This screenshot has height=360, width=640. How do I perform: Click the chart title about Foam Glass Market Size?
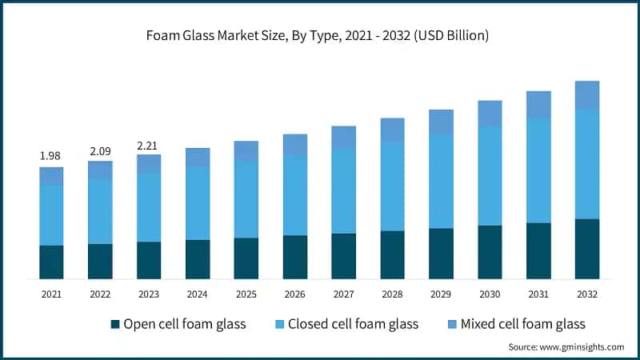pyautogui.click(x=320, y=36)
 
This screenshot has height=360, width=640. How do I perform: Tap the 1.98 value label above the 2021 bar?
pyautogui.click(x=51, y=155)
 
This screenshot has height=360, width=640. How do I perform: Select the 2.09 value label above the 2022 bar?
pyautogui.click(x=100, y=150)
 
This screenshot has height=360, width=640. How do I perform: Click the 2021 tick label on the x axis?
pyautogui.click(x=51, y=294)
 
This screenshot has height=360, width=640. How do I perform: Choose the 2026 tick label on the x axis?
pyautogui.click(x=295, y=294)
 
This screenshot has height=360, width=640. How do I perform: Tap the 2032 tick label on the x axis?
pyautogui.click(x=587, y=294)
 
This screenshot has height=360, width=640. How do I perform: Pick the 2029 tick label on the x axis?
pyautogui.click(x=441, y=294)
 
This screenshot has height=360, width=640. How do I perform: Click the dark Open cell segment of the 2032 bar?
pyautogui.click(x=587, y=249)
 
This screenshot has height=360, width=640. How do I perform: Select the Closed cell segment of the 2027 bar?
pyautogui.click(x=344, y=190)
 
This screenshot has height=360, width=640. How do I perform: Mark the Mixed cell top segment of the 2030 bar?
pyautogui.click(x=490, y=113)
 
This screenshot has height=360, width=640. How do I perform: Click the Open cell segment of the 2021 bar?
pyautogui.click(x=51, y=262)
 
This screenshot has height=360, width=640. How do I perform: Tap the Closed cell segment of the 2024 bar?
pyautogui.click(x=198, y=203)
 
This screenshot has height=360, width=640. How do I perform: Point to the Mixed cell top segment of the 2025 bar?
pyautogui.click(x=246, y=151)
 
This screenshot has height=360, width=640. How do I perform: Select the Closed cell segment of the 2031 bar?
pyautogui.click(x=538, y=170)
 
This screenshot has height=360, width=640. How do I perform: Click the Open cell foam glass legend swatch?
pyautogui.click(x=115, y=324)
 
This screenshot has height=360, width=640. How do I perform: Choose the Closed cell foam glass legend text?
pyautogui.click(x=353, y=324)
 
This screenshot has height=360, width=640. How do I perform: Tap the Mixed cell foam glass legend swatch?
pyautogui.click(x=452, y=324)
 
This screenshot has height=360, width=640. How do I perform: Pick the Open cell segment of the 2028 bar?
pyautogui.click(x=392, y=254)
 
